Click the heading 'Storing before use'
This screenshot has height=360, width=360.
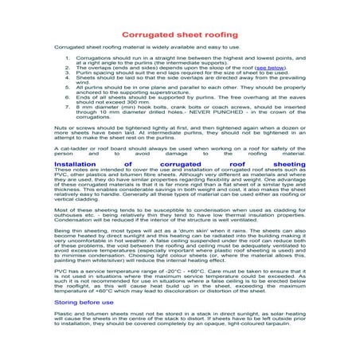click(83, 303)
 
